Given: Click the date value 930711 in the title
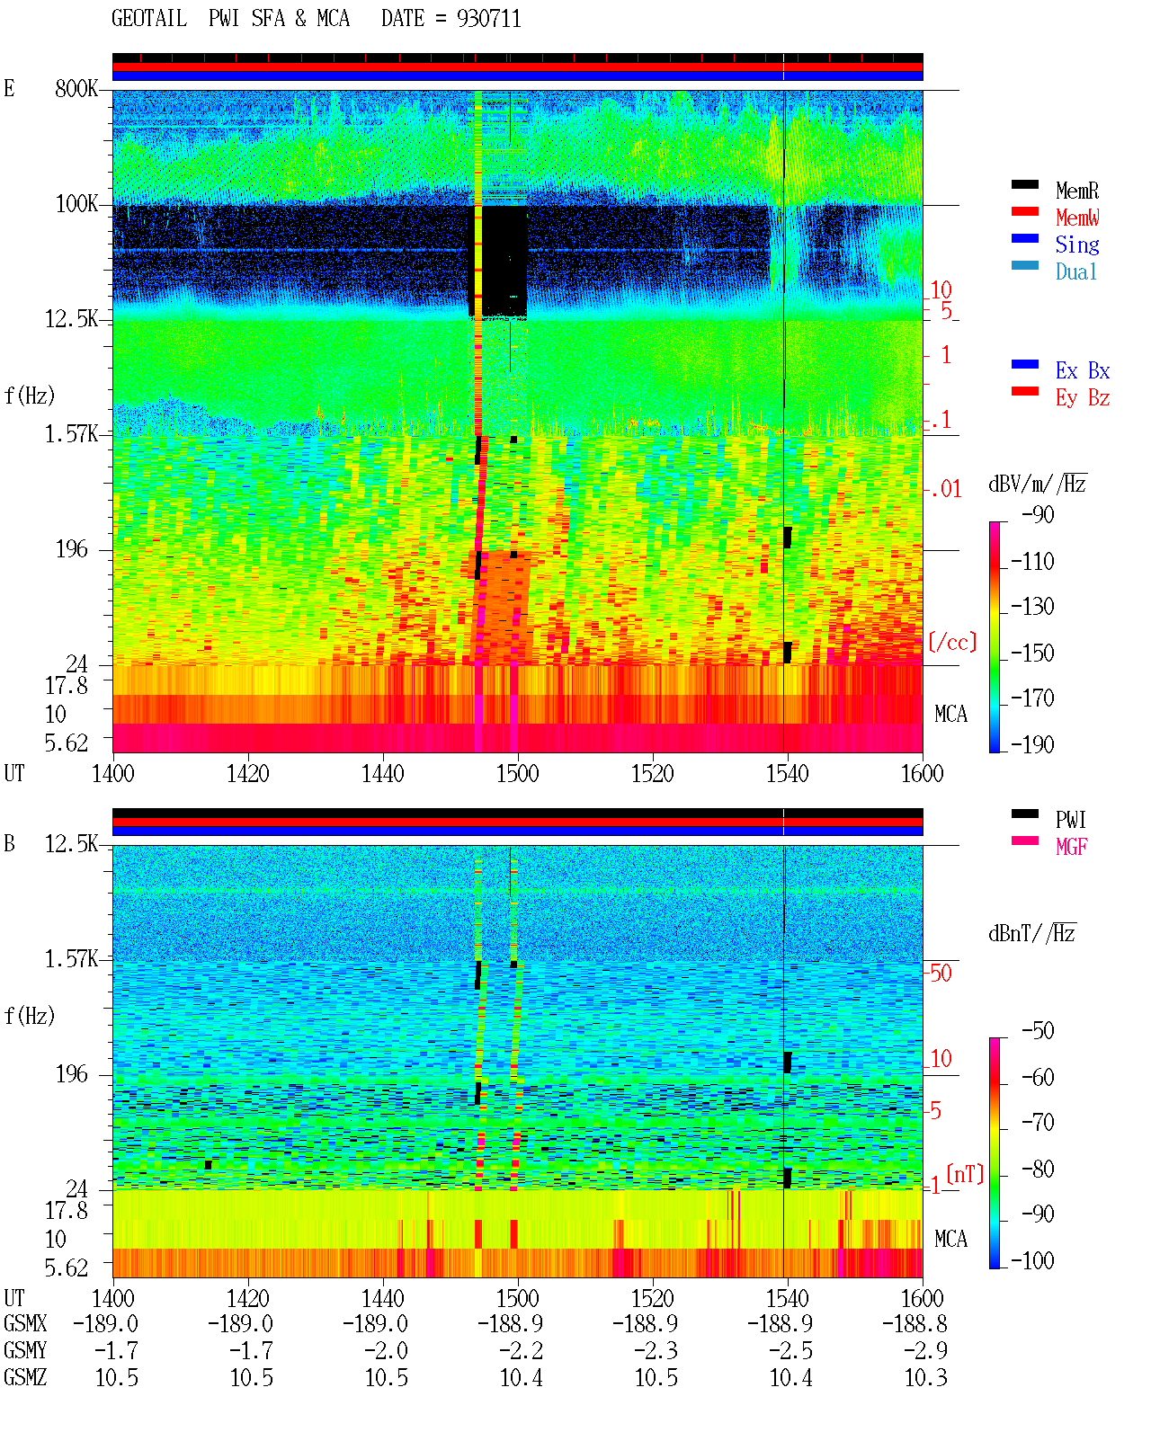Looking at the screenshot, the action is (x=488, y=19).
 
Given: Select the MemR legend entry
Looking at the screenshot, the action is (x=1077, y=191).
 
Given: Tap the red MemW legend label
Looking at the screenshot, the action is (x=1077, y=218).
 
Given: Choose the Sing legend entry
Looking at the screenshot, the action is (x=1077, y=245).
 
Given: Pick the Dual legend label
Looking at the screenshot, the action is (x=1076, y=271).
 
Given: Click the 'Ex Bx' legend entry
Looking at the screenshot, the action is (x=1083, y=370).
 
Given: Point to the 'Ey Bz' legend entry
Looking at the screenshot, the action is (x=1083, y=397).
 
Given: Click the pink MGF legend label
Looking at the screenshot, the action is (x=1072, y=847).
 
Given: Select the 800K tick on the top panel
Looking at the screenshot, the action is (x=76, y=88).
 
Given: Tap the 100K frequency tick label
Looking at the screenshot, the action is (x=76, y=204).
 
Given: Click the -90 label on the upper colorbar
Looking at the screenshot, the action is (x=1038, y=514).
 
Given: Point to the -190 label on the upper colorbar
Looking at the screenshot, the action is (x=1032, y=744).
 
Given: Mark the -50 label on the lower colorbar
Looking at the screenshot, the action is (x=1038, y=1031).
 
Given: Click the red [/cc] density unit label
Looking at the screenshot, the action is (x=952, y=642).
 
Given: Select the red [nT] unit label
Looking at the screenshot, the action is (x=965, y=1174).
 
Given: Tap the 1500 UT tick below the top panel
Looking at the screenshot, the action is (x=517, y=774).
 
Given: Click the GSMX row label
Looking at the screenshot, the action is (x=25, y=1323).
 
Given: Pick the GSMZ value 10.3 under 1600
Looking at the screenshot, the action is (x=925, y=1377).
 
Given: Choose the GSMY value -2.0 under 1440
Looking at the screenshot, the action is (x=386, y=1351).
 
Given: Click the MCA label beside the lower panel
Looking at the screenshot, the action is (x=950, y=1239).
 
